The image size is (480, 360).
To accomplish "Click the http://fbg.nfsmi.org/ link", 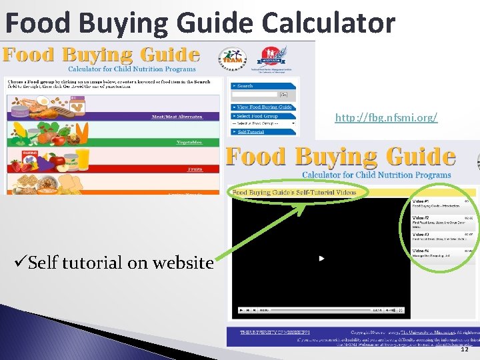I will pyautogui.click(x=386, y=118).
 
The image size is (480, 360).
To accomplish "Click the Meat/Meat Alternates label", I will pyautogui.click(x=177, y=117).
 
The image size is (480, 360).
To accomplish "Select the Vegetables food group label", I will pyautogui.click(x=189, y=142).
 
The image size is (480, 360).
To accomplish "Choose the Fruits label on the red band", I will pyautogui.click(x=195, y=169).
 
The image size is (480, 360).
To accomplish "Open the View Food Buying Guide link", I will pyautogui.click(x=265, y=107).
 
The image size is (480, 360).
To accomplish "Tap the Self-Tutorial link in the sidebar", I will pyautogui.click(x=251, y=132).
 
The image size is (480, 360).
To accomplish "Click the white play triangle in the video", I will pyautogui.click(x=321, y=258).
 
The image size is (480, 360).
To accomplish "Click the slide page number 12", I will pyautogui.click(x=464, y=349).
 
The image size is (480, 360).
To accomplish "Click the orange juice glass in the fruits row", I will pyautogui.click(x=83, y=160).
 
